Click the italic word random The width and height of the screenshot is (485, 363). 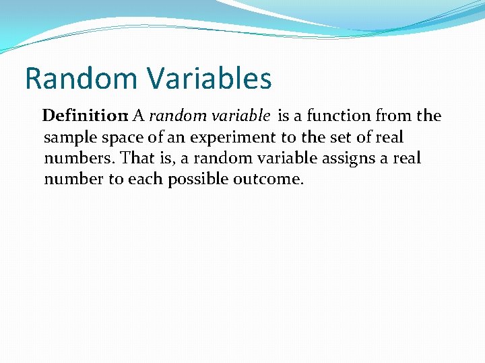click(x=176, y=116)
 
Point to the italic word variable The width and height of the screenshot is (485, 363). click(x=239, y=116)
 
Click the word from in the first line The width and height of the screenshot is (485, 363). click(x=394, y=116)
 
